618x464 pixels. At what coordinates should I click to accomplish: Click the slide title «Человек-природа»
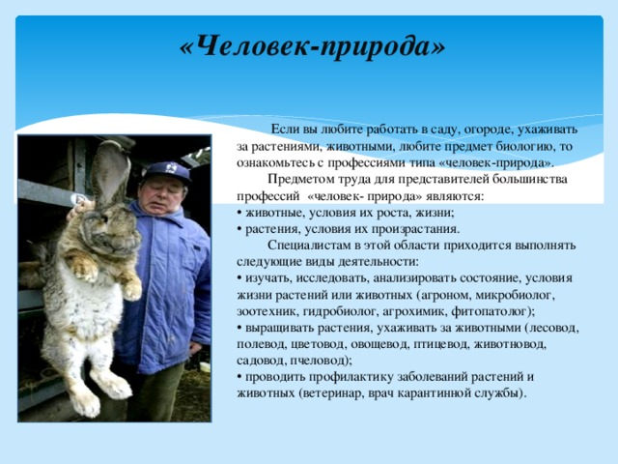[313, 45]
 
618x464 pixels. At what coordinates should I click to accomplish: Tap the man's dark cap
[165, 172]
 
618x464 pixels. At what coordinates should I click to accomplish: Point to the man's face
[161, 193]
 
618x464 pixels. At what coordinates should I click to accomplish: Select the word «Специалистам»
[311, 245]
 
